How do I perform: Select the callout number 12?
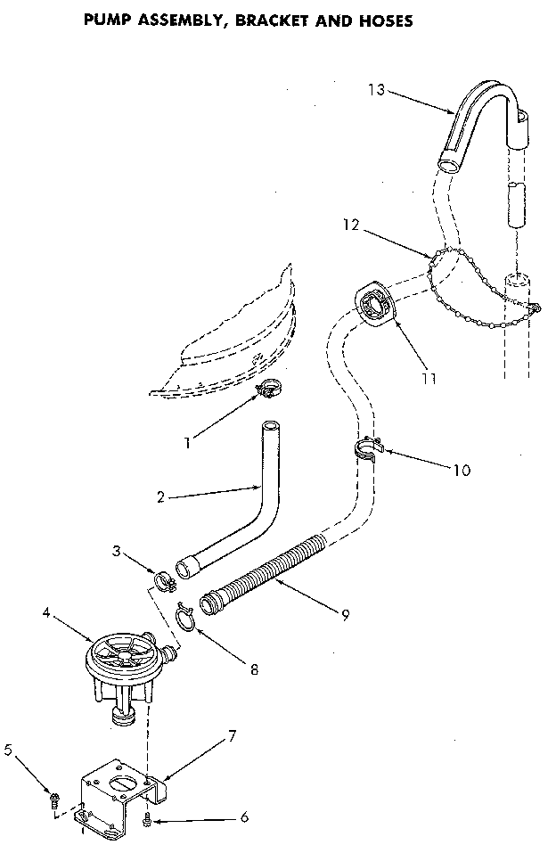pos(349,226)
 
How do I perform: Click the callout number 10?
pos(462,470)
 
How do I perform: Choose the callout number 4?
pos(47,613)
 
